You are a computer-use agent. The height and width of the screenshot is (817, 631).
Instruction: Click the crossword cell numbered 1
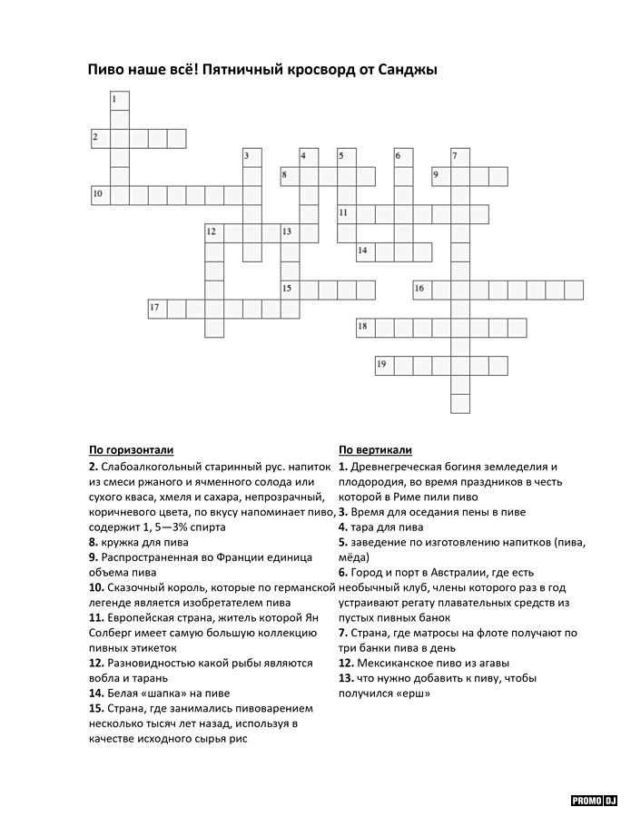coord(119,100)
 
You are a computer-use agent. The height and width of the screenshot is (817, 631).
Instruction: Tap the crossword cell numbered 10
coord(100,195)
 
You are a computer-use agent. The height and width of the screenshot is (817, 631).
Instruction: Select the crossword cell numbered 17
coord(157,309)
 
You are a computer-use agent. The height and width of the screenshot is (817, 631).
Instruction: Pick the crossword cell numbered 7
coord(459,157)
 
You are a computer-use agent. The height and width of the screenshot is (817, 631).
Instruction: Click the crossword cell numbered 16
coord(422,290)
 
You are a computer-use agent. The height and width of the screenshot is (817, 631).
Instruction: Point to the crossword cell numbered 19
coord(384,366)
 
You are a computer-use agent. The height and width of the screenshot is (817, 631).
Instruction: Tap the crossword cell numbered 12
coord(214,233)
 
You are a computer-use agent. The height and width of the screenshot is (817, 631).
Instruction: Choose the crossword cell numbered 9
coord(441,176)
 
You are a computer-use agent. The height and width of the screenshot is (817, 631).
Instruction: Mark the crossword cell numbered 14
coord(365,251)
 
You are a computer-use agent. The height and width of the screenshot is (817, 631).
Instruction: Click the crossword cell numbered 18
coord(365,328)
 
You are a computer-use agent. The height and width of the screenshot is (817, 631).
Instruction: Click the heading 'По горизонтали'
coord(131,449)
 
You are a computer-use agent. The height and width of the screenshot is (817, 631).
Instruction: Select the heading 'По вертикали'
coord(375,449)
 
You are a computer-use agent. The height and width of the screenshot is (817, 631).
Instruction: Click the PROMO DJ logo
coord(594,800)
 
